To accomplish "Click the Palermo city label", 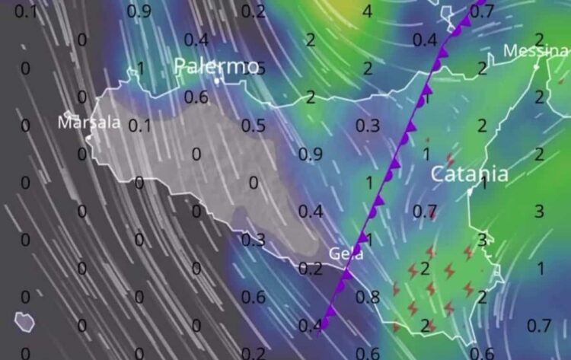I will (217, 66).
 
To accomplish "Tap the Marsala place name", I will (89, 122).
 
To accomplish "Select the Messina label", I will (535, 51).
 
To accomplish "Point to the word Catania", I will (469, 174).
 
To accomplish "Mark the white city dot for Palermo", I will (217, 80).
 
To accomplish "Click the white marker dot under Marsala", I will (89, 137).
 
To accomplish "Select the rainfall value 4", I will (367, 11).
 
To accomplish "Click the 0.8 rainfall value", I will (368, 298).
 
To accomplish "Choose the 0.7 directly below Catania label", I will (425, 211).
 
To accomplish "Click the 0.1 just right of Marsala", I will (139, 126).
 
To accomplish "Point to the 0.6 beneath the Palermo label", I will (196, 97).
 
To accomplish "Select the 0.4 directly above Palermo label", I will (196, 40).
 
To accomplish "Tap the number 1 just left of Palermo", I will (139, 68).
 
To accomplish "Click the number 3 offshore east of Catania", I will (539, 211).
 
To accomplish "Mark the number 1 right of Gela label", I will (368, 240).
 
